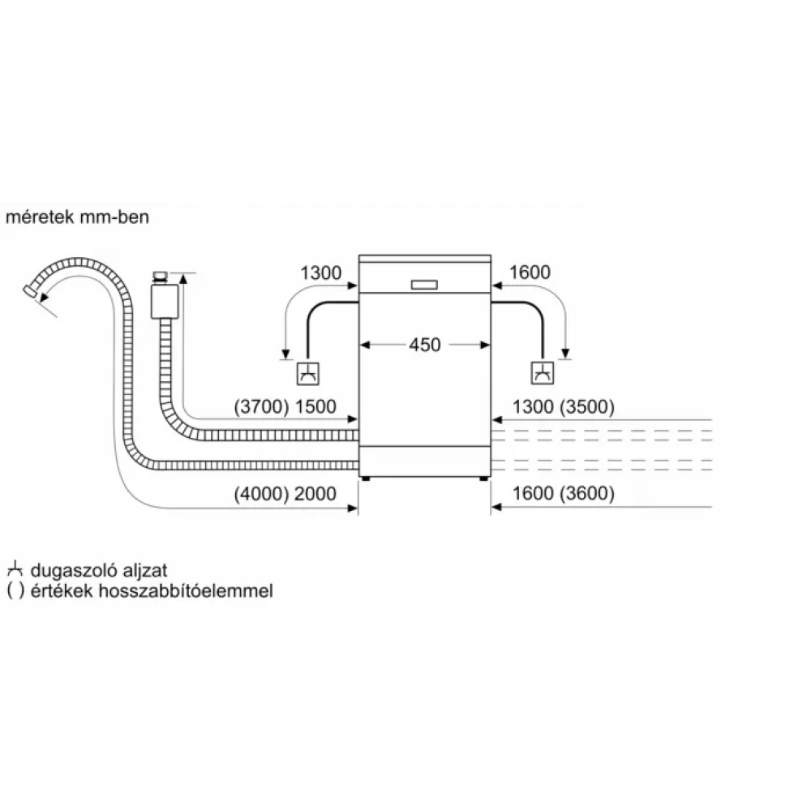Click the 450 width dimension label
424,345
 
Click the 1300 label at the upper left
320,273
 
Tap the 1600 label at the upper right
530,273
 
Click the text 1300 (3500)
563,406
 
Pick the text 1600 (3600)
563,492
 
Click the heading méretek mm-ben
79,218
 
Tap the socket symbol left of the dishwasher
307,372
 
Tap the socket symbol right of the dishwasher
542,372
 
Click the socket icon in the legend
14,571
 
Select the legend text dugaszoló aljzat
97,571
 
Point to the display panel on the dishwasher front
424,285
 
